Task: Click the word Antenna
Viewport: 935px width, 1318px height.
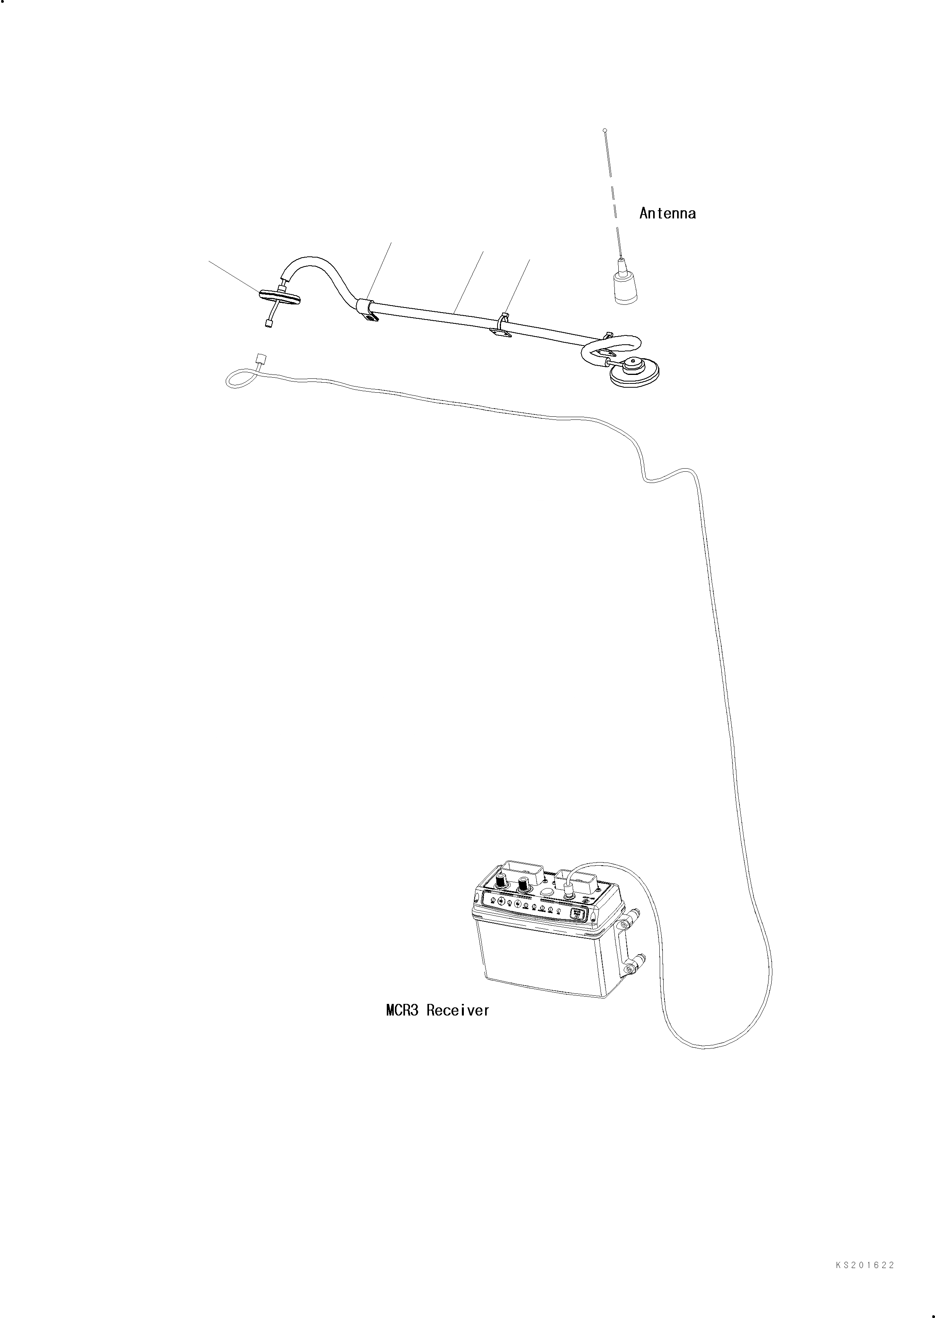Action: point(667,214)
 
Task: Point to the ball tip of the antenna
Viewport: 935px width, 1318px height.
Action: point(604,131)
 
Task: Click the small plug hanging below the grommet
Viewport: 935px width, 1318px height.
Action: point(268,324)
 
